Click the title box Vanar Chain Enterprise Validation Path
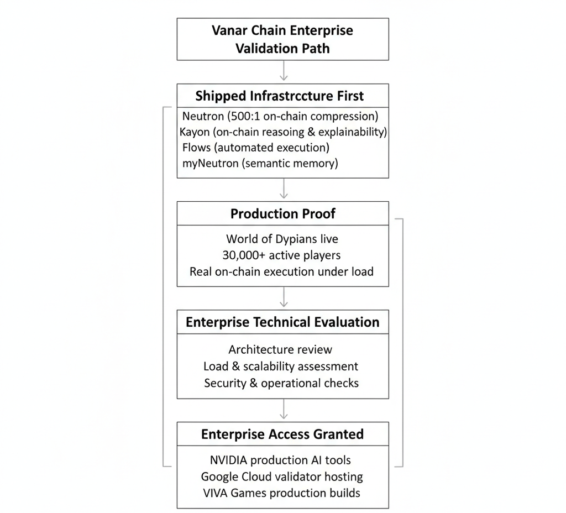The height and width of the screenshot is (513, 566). pos(282,39)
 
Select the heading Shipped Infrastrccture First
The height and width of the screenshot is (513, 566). pos(280,96)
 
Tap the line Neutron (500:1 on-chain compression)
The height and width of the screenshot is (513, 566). pos(280,116)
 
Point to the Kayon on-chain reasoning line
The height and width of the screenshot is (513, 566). pos(283,132)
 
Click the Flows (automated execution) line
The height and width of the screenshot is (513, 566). pos(255,148)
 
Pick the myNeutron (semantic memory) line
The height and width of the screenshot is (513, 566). pos(260,163)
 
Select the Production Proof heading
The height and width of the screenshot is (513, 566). pos(283,214)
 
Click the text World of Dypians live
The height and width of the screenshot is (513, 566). pos(282,239)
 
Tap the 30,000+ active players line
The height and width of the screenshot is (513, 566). pos(282,255)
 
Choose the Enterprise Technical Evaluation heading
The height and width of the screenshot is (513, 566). pos(282,322)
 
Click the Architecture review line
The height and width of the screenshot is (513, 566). pos(280,349)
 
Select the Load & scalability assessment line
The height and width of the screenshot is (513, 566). pos(281,366)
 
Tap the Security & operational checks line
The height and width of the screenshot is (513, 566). pos(281,383)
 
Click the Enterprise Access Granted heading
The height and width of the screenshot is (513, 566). pos(282,434)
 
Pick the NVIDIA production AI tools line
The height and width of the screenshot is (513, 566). pos(280,460)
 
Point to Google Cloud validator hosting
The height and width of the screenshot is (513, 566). pos(282,476)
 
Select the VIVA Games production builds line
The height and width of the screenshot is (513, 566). pos(281,493)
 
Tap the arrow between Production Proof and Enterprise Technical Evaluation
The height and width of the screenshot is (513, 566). pos(283,297)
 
